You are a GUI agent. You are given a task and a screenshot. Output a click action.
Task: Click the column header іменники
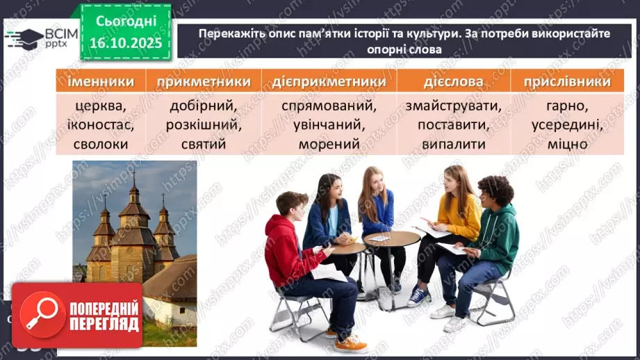101,81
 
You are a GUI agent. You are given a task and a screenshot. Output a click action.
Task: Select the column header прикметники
204,81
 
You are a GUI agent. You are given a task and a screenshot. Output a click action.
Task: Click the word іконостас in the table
101,126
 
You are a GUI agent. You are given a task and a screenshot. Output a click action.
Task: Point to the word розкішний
204,126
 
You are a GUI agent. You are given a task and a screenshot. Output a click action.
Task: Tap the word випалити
453,145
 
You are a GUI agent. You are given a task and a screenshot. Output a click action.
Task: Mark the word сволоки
101,145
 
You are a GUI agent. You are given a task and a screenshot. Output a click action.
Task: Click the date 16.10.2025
123,42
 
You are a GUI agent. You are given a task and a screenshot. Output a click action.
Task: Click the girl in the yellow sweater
455,215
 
